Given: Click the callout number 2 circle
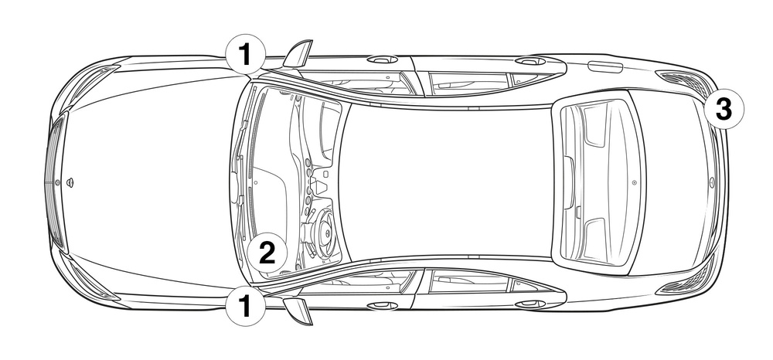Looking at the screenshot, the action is (x=267, y=253).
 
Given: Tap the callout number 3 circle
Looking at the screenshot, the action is (x=724, y=110).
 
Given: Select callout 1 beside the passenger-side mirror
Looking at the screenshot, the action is (x=246, y=54).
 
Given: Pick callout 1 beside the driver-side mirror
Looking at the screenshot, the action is (x=246, y=306).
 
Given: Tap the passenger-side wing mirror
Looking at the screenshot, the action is (x=298, y=53).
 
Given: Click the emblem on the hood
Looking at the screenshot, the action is (x=70, y=182).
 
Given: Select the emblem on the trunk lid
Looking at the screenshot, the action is (x=712, y=182).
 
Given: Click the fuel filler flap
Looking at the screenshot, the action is (x=606, y=66).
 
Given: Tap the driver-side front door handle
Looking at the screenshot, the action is (x=382, y=306).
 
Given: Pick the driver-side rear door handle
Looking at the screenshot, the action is (x=530, y=304).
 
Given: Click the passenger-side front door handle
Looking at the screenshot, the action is (x=382, y=59).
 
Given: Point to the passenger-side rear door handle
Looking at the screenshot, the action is (x=530, y=61).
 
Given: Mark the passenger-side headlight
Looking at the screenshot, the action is (x=91, y=81).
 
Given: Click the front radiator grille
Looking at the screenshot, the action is (x=55, y=182).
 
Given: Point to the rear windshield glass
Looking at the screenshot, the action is (x=599, y=182).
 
